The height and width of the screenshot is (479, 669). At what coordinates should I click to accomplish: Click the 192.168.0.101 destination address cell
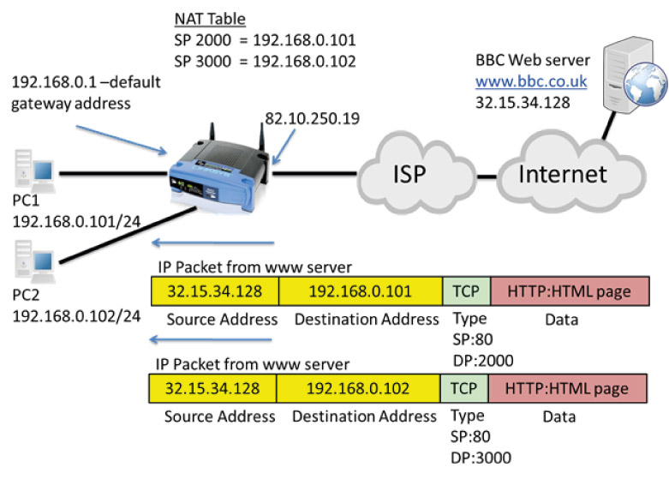(x=360, y=290)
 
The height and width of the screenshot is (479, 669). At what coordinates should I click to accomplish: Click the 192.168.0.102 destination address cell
(x=360, y=388)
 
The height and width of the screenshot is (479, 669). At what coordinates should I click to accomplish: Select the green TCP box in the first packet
(x=467, y=290)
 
